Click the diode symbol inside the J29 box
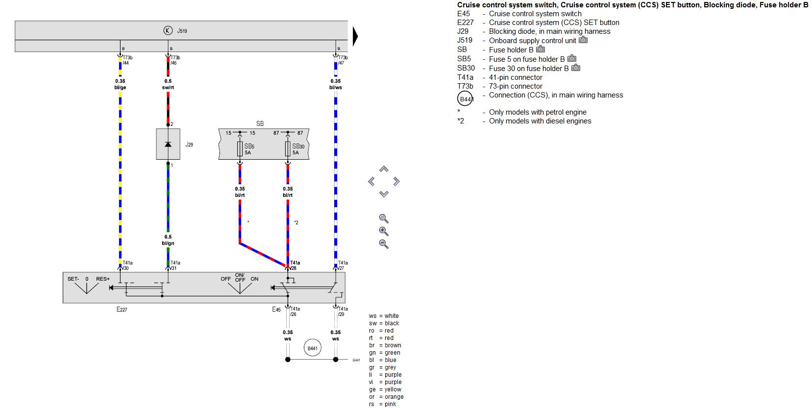(168, 145)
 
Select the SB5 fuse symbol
(240, 148)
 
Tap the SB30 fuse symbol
(288, 148)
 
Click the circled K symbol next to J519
(168, 30)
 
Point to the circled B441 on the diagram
(313, 348)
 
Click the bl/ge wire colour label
(121, 87)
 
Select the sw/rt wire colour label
(168, 87)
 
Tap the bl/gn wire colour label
(168, 243)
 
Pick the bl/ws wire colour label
(336, 87)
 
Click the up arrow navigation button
(384, 169)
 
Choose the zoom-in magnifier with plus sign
(384, 231)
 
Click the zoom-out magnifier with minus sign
(384, 244)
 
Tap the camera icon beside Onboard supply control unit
(583, 40)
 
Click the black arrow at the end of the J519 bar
(355, 36)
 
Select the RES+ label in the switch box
(103, 279)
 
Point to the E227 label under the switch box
(122, 310)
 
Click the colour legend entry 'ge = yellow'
(385, 389)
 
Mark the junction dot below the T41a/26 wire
(288, 360)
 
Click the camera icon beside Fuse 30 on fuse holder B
(576, 68)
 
